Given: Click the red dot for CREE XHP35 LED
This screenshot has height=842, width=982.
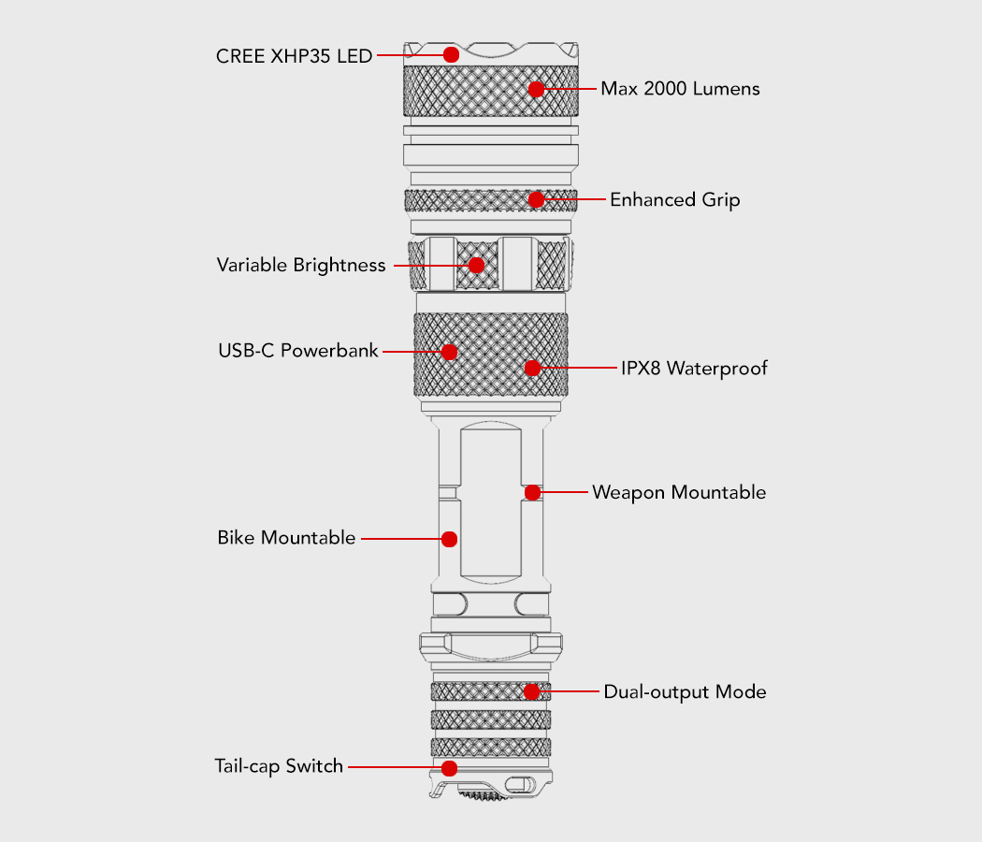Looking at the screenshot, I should (451, 54).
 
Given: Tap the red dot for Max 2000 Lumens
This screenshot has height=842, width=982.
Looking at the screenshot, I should (536, 89).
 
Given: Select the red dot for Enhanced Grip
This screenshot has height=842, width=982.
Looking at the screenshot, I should (536, 199).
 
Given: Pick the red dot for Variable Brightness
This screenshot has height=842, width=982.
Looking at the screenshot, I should (476, 265).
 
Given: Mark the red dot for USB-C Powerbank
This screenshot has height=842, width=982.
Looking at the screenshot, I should (449, 352).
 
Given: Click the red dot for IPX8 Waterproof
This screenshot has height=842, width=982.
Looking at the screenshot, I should (532, 368).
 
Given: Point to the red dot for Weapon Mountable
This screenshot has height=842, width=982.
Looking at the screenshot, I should (532, 492).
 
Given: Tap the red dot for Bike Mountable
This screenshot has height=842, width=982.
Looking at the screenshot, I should (449, 539).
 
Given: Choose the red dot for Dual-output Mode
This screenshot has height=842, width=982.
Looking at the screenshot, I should (531, 691).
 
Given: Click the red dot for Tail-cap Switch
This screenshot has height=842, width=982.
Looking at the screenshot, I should (449, 768).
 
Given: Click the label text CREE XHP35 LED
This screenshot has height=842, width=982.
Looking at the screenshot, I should (294, 55).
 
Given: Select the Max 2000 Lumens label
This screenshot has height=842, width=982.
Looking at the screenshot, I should (680, 89).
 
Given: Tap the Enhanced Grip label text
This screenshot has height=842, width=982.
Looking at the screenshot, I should (674, 199).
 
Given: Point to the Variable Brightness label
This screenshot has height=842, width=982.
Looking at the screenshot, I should (301, 265).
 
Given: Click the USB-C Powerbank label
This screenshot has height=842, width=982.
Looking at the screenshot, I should (298, 352).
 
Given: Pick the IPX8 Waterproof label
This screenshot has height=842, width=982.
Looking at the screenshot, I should (694, 368).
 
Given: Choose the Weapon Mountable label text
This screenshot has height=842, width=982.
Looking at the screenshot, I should (679, 492).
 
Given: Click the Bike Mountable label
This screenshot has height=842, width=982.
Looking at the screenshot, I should (286, 538).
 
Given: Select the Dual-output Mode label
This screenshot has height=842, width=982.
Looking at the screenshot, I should (685, 692).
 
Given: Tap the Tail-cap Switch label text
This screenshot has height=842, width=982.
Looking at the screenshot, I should (279, 767).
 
